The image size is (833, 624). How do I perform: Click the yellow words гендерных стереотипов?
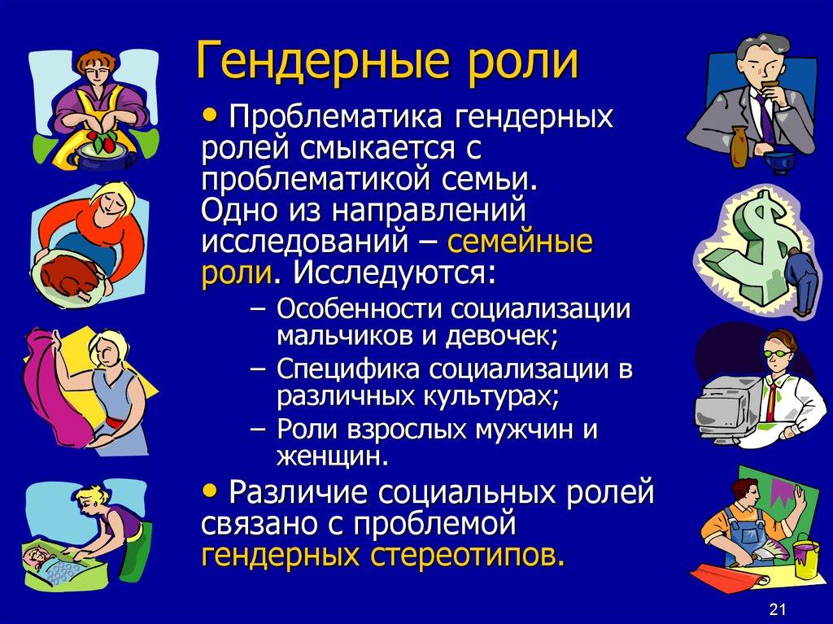(x=382, y=556)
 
